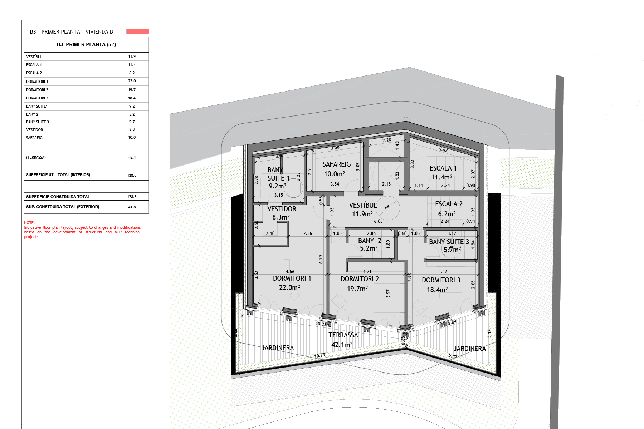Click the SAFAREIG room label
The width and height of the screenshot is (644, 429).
[x=336, y=164]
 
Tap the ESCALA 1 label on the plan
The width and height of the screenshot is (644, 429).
[x=443, y=168]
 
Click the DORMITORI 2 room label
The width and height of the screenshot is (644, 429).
[x=360, y=279]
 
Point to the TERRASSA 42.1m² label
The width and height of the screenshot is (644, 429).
[x=342, y=340]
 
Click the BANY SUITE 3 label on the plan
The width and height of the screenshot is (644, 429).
[x=449, y=242]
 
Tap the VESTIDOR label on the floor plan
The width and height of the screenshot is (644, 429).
[x=282, y=209]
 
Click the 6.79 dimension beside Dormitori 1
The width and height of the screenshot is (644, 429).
[x=321, y=260]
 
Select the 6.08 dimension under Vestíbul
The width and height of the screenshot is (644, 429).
[x=378, y=221]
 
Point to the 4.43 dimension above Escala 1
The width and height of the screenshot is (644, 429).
[x=443, y=149]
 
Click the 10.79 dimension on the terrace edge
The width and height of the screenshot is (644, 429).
[x=319, y=355]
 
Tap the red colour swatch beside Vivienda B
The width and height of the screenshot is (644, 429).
[x=137, y=32]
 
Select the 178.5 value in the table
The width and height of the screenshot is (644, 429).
[x=132, y=197]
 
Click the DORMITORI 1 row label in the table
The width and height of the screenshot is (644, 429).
[x=37, y=82]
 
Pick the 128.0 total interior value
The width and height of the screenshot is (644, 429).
[x=132, y=176]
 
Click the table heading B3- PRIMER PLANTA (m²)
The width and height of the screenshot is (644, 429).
[x=86, y=45]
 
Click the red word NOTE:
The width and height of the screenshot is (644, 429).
[x=29, y=223]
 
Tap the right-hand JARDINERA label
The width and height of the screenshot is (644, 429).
[x=469, y=349]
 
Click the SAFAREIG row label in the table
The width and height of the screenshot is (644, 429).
[x=34, y=138]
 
